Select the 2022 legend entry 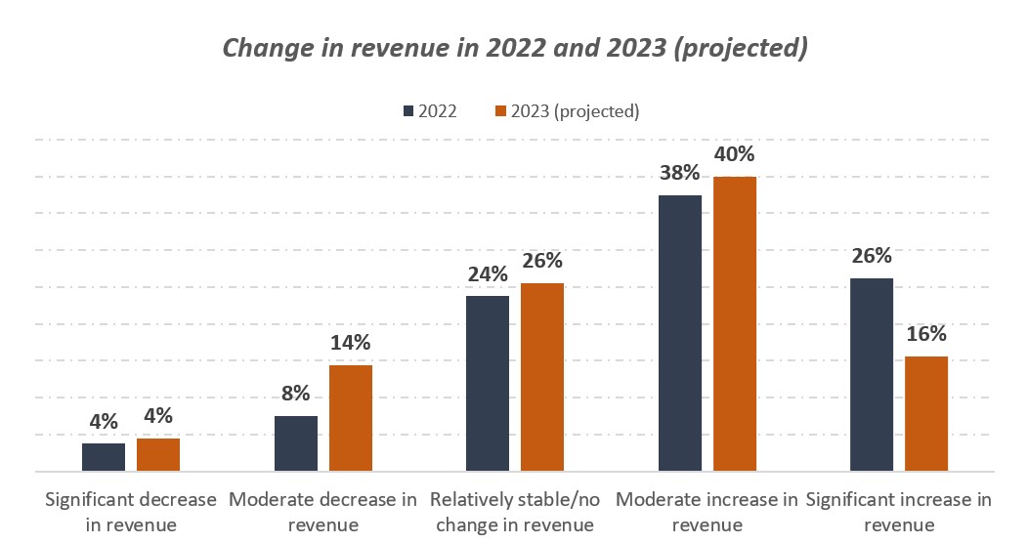429,110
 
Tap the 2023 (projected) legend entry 567,110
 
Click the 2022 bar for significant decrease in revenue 104,457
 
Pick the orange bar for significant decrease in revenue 158,454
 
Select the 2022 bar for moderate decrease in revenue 296,443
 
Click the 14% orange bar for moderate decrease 351,418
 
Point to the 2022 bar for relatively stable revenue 488,383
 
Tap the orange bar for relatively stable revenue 542,377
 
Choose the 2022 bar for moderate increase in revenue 680,333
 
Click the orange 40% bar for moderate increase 735,323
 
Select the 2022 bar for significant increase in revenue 872,374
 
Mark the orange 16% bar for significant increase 926,413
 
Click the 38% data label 680,173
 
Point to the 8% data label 296,394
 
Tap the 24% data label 488,274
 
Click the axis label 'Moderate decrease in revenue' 323,512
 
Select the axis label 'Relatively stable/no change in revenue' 515,512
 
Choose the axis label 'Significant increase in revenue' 899,512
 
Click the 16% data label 926,334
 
